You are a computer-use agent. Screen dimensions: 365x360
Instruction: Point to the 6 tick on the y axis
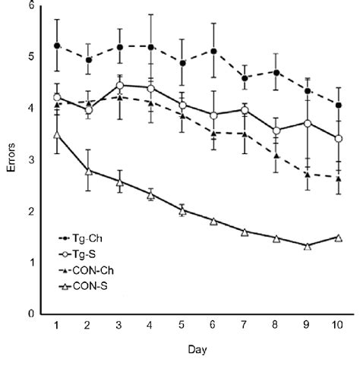pos(30,5)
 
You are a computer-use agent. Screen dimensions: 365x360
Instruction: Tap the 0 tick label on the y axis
pos(30,313)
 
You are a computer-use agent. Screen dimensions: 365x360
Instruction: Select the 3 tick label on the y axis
pos(30,159)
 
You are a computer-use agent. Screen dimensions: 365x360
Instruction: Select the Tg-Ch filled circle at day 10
pos(338,105)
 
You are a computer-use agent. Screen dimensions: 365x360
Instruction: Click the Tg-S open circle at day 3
pos(120,86)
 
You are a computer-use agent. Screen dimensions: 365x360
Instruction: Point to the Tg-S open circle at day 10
pos(338,138)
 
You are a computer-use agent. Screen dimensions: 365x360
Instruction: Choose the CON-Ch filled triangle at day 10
pos(338,178)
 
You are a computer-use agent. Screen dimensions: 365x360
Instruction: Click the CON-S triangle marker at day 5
pos(182,210)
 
